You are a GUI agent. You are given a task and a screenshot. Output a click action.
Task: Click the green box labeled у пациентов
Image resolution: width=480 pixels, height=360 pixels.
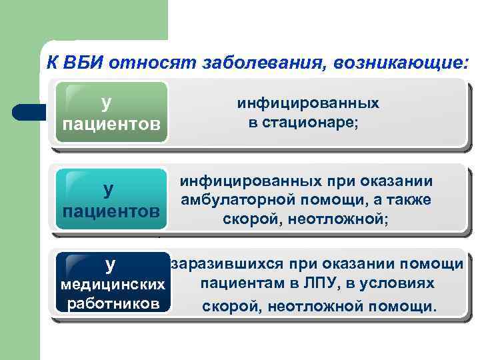111,113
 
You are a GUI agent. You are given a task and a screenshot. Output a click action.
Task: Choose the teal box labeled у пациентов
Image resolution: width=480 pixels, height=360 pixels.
111,199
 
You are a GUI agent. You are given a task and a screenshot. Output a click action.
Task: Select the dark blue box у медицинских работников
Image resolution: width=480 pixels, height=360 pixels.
111,284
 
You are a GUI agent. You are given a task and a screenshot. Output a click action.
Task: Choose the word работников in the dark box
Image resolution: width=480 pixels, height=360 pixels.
111,304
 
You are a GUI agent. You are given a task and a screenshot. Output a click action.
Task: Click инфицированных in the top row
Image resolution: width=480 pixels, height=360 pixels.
308,103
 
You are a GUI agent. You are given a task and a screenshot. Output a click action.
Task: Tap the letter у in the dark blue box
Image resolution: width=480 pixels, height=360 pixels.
111,264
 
